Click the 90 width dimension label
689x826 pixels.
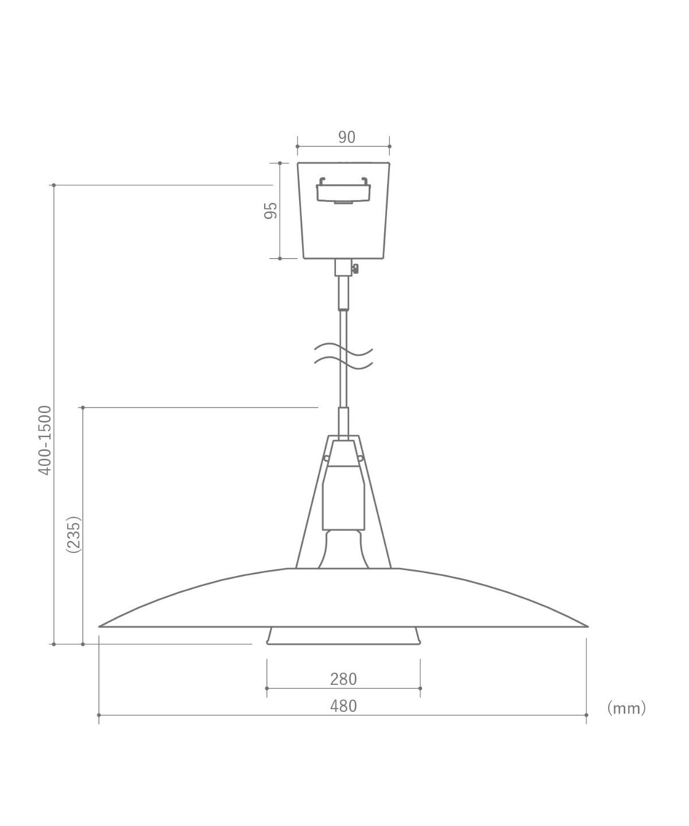click(x=346, y=137)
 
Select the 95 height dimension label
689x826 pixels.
click(x=271, y=211)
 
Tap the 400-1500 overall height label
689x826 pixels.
click(x=45, y=440)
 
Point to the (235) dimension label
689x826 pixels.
click(x=73, y=534)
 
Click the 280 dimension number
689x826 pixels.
click(x=343, y=679)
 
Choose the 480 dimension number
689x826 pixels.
click(x=343, y=706)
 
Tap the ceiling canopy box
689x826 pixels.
click(x=343, y=229)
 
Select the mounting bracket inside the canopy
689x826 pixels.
click(x=343, y=190)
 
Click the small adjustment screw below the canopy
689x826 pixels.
click(x=356, y=267)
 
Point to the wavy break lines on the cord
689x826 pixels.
click(x=343, y=356)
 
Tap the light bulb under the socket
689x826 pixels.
click(x=343, y=550)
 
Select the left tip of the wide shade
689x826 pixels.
click(x=101, y=626)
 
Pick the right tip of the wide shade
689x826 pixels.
click(x=586, y=626)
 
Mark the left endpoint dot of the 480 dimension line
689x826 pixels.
click(x=99, y=715)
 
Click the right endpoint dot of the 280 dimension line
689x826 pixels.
click(x=420, y=688)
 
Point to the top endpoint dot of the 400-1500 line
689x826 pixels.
click(x=53, y=185)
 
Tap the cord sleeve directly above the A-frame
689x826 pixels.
click(x=343, y=422)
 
